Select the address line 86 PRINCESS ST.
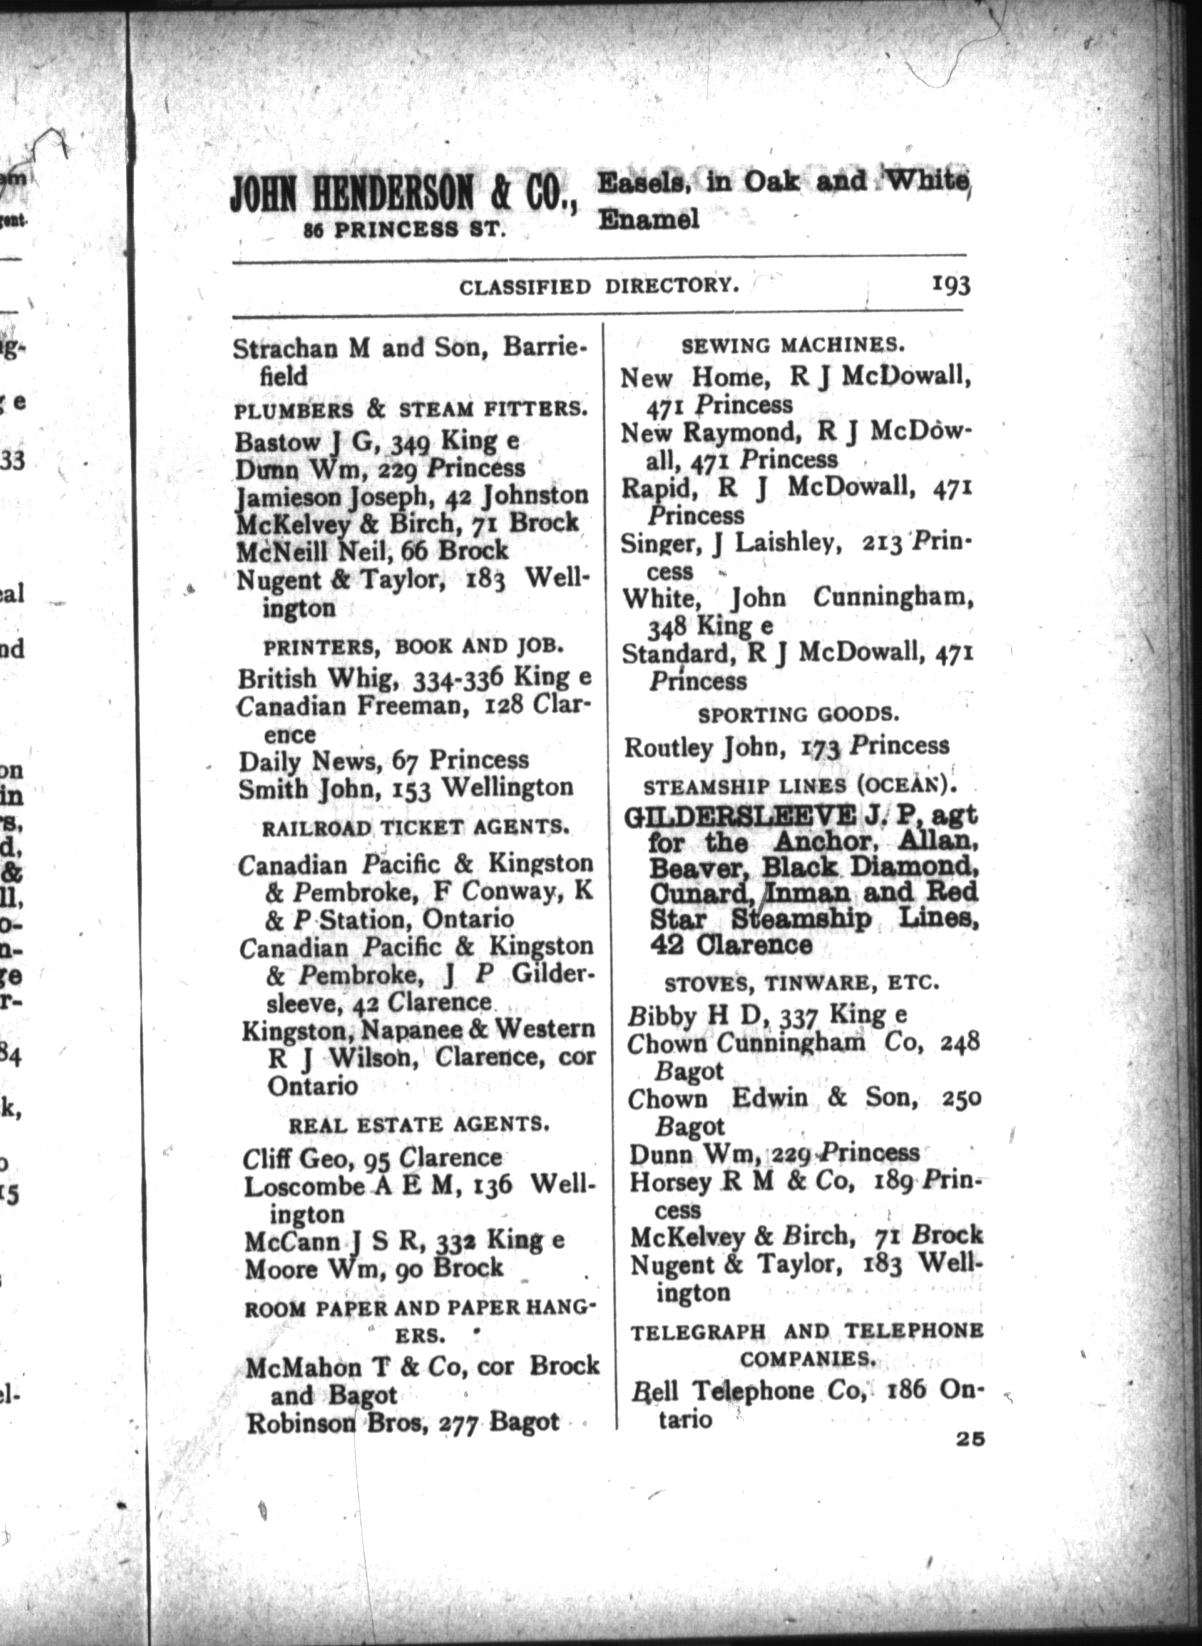[405, 231]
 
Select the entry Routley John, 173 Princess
[787, 746]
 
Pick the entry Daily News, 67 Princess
[384, 760]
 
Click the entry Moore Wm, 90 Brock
[374, 1268]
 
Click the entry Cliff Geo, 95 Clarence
[373, 1157]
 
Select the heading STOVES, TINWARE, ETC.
[801, 983]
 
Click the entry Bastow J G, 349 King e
[377, 441]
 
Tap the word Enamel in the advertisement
[648, 219]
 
